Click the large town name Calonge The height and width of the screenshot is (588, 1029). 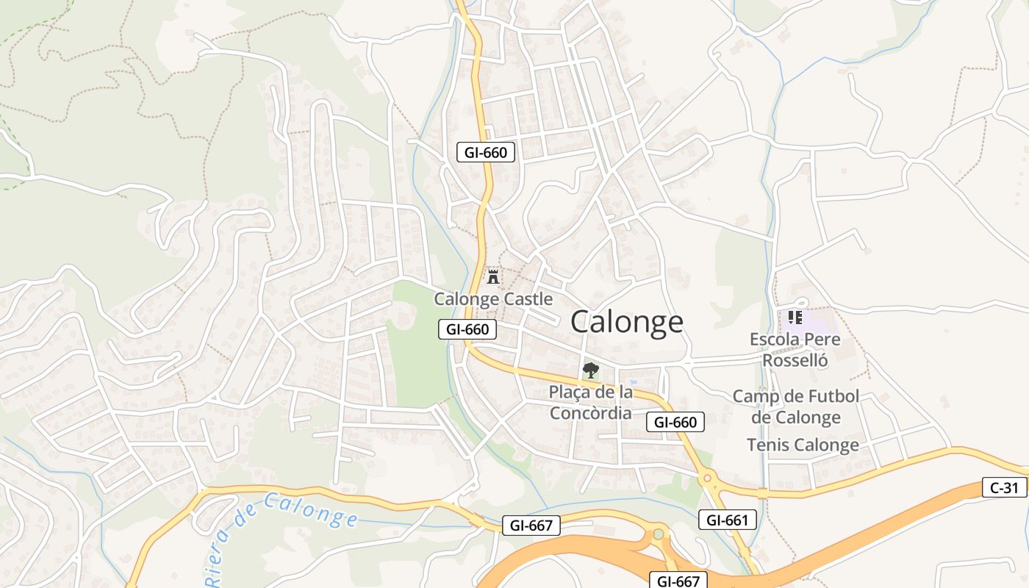(x=626, y=322)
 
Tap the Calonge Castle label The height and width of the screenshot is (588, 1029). (x=493, y=299)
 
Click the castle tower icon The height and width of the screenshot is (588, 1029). (x=493, y=277)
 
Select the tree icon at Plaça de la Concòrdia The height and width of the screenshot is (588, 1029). (x=589, y=370)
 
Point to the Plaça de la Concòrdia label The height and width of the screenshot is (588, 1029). (x=590, y=402)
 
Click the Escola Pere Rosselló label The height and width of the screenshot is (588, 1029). (x=795, y=350)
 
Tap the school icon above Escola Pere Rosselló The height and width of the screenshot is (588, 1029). (x=794, y=317)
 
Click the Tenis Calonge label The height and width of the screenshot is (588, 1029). (x=803, y=445)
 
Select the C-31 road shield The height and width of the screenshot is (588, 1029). (x=1004, y=487)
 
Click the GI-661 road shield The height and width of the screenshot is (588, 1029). (x=727, y=520)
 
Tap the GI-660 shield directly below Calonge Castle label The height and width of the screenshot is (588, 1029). (x=467, y=329)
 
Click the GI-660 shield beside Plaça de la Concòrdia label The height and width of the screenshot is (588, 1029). (x=675, y=422)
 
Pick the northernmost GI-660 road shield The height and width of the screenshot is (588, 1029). (x=486, y=152)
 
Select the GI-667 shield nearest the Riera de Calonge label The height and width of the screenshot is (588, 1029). (x=531, y=526)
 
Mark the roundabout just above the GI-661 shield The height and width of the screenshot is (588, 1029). (x=708, y=478)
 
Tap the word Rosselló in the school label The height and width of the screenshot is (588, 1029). (x=795, y=360)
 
